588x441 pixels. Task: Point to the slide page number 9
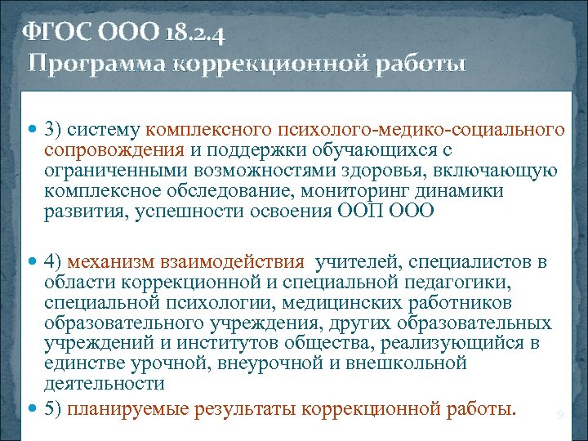[559, 416]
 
